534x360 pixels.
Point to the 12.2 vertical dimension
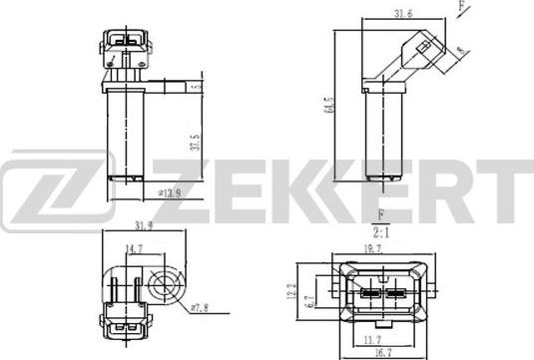[291, 294]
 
